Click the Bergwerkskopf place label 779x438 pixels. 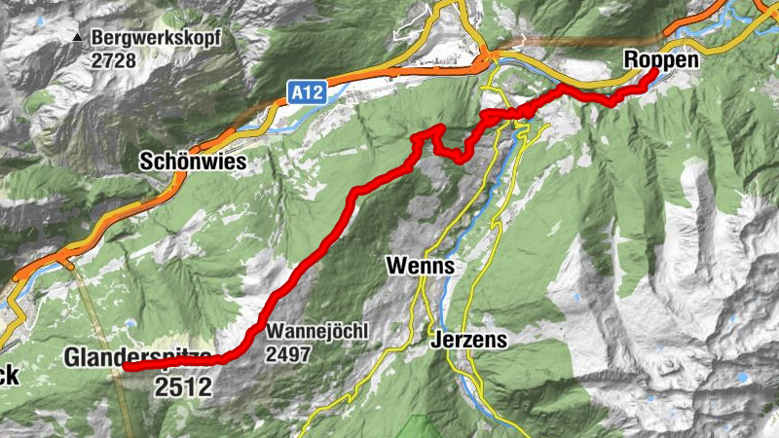coord(157,39)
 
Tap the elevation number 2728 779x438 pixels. coord(115,60)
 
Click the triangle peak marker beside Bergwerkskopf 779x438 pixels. coord(76,39)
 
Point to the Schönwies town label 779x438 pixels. coord(192,162)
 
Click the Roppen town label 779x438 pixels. coord(661,60)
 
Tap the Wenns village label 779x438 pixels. coord(421,265)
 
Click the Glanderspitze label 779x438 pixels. coord(137,358)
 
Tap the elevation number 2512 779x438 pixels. coord(182,387)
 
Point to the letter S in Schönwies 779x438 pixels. coord(146,162)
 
